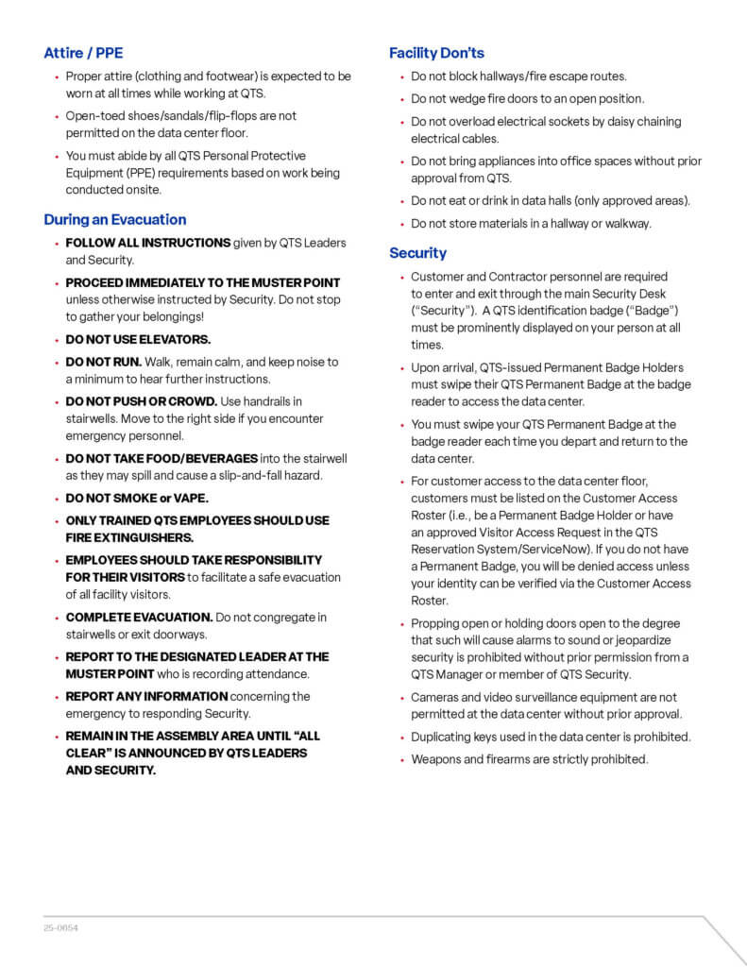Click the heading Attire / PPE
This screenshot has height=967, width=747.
(83, 53)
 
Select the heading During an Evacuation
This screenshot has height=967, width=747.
(114, 219)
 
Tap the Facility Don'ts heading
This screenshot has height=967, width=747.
(436, 53)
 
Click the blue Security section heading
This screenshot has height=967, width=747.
(417, 252)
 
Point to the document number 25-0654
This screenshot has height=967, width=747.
(60, 928)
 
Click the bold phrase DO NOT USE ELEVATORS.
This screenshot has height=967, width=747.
(138, 339)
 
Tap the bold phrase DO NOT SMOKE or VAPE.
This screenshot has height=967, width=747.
(137, 498)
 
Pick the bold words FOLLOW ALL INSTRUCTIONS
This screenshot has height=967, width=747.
(148, 243)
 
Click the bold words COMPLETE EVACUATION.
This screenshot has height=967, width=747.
(139, 617)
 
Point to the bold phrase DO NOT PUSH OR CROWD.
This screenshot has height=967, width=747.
(142, 401)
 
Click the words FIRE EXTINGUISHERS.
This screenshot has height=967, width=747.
(129, 537)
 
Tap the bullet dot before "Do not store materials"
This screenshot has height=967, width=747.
(401, 225)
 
